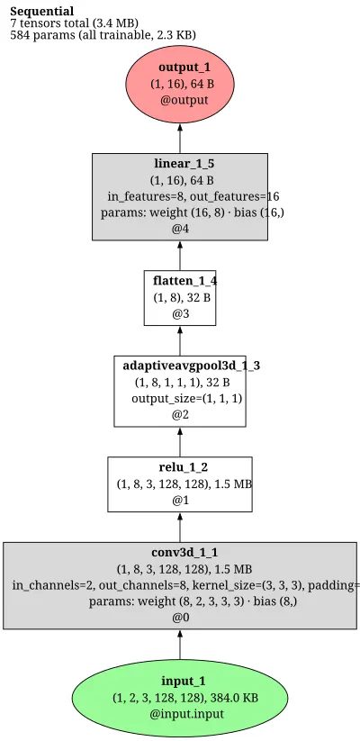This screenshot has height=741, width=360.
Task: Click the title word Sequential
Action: pyautogui.click(x=42, y=12)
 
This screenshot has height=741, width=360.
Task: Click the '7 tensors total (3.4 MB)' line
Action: pyautogui.click(x=74, y=23)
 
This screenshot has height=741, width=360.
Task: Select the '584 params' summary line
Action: pyautogui.click(x=103, y=34)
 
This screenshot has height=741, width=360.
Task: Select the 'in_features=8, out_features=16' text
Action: pyautogui.click(x=193, y=196)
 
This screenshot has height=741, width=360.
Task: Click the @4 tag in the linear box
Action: pyautogui.click(x=180, y=229)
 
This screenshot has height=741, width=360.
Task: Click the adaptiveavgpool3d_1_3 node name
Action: pyautogui.click(x=192, y=366)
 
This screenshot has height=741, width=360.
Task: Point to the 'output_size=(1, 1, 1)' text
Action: pyautogui.click(x=186, y=398)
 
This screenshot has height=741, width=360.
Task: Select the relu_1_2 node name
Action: pyautogui.click(x=184, y=467)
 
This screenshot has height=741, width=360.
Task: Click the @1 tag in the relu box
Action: pyautogui.click(x=180, y=500)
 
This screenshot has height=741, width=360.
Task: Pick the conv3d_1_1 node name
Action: pyautogui.click(x=184, y=553)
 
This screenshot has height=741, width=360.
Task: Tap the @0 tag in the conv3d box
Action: pyautogui.click(x=180, y=618)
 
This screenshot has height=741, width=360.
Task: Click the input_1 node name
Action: pyautogui.click(x=184, y=681)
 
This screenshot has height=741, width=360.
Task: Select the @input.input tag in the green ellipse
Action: pyautogui.click(x=186, y=714)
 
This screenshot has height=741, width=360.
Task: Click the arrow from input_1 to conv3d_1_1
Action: pyautogui.click(x=180, y=645)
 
